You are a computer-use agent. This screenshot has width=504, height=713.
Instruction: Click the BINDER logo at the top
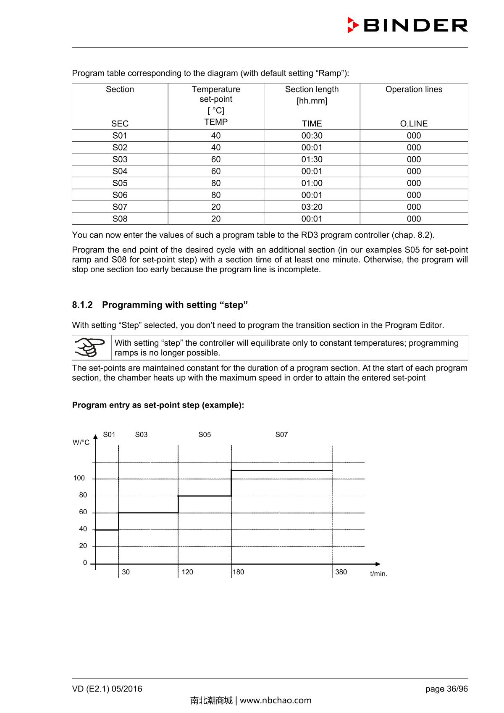(407, 25)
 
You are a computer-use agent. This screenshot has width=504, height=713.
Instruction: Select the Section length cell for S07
(312, 207)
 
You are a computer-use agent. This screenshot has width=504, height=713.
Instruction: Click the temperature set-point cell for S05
(216, 183)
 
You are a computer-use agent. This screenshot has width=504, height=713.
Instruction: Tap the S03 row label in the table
(120, 159)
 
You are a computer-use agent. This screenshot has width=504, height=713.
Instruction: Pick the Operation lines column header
(414, 89)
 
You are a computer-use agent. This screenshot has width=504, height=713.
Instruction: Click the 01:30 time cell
(312, 159)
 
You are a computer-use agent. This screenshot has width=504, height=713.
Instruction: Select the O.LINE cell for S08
(414, 219)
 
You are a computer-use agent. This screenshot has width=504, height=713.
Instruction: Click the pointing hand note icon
(91, 347)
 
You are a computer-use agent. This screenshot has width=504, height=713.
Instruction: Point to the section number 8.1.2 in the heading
(82, 305)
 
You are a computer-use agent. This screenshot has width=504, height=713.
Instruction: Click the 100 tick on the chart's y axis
(79, 478)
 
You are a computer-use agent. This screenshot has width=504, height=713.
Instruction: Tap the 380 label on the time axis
(341, 572)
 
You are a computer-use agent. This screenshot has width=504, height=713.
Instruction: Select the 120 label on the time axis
(187, 572)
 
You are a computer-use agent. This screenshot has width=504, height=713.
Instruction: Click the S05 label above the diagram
(205, 434)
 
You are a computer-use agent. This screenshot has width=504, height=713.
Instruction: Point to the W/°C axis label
(81, 442)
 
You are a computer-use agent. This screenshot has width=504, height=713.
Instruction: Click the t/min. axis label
(378, 574)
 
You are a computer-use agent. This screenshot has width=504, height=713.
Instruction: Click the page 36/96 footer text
(446, 689)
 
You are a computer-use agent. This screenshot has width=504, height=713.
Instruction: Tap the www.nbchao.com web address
(276, 700)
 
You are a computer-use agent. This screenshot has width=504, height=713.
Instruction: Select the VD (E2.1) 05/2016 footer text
(107, 689)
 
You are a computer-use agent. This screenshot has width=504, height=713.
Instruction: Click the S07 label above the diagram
(281, 434)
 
